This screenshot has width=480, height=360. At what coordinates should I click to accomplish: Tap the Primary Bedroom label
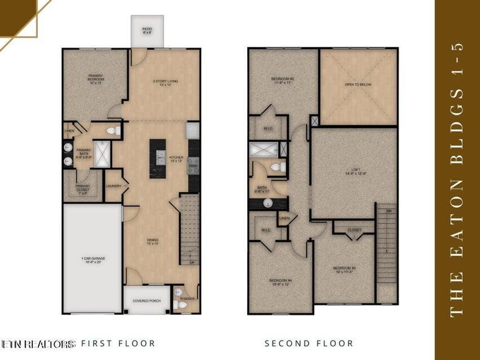95,78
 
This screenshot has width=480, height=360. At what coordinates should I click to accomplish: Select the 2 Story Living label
165,83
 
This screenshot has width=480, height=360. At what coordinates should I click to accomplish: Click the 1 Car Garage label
92,260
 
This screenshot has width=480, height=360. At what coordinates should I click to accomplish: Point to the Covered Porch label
147,300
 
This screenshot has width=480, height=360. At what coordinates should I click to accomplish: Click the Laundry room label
114,186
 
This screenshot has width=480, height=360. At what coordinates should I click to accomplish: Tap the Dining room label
153,241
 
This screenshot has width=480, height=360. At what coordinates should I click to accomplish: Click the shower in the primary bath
102,154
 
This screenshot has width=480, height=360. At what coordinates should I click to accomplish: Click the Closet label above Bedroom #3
354,230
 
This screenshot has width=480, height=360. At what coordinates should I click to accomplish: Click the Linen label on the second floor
284,218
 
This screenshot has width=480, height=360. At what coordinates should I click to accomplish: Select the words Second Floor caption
309,344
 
